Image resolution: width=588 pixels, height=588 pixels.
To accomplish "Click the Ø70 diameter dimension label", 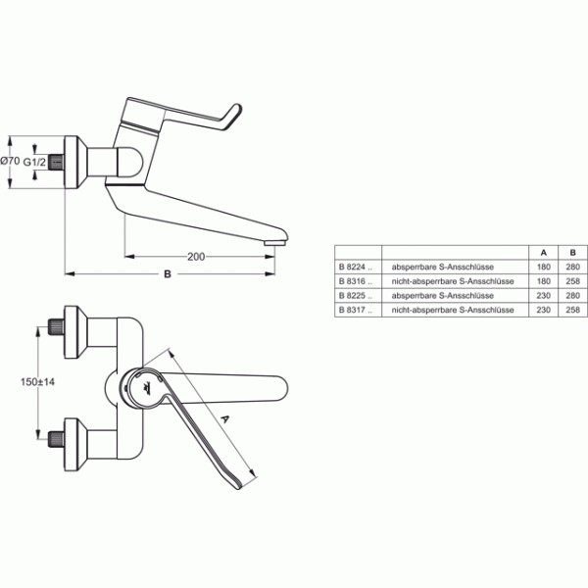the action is (x=10, y=162).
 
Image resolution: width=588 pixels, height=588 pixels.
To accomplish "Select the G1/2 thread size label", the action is (x=35, y=163).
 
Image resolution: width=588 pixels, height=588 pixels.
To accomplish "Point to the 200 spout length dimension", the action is (x=196, y=257).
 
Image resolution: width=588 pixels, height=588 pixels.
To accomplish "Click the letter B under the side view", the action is (x=168, y=274).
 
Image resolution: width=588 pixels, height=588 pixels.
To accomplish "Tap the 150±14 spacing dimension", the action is (x=37, y=382).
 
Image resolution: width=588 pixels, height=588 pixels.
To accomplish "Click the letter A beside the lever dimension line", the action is (x=224, y=418).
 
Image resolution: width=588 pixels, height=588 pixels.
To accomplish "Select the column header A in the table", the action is (x=543, y=253).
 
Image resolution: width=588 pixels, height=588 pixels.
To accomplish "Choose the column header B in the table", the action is (x=572, y=253).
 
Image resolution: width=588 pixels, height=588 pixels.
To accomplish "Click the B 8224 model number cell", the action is (x=356, y=267).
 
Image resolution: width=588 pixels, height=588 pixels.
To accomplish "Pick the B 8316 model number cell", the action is (x=356, y=281).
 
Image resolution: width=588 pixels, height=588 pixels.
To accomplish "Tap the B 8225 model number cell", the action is (x=356, y=296).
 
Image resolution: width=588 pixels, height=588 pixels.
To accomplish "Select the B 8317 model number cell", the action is (x=356, y=310).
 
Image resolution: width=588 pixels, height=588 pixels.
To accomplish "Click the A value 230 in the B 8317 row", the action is (x=543, y=310).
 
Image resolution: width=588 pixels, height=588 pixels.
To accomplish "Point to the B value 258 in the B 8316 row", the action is (x=572, y=281).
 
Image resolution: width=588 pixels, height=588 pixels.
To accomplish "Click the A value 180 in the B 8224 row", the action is (x=543, y=267).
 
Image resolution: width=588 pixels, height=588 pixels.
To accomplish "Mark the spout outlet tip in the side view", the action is (x=274, y=243).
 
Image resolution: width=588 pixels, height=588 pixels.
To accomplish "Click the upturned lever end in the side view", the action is (x=232, y=116).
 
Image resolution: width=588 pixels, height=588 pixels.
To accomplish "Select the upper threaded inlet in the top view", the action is (x=56, y=326).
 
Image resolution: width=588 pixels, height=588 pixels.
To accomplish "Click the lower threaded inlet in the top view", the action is (x=56, y=439).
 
